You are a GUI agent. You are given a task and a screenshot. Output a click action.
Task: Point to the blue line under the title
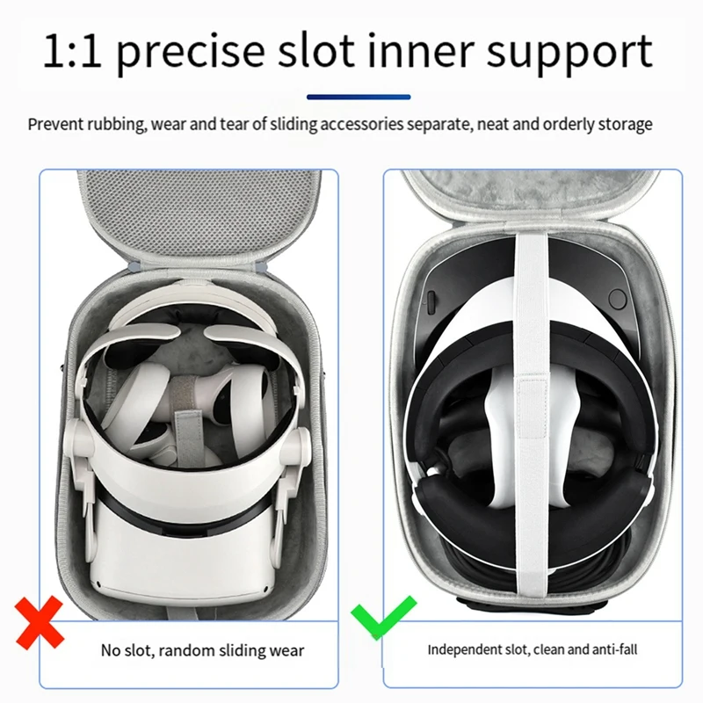pyautogui.click(x=359, y=97)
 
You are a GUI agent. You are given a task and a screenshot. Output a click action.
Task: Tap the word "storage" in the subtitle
pyautogui.click(x=624, y=124)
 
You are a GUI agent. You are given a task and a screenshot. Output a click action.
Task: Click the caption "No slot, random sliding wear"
pyautogui.click(x=201, y=650)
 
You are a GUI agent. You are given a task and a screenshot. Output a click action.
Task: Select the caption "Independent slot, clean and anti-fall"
pyautogui.click(x=533, y=650)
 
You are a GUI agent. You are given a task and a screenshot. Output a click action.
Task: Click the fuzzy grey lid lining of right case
pyautogui.click(x=536, y=198)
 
